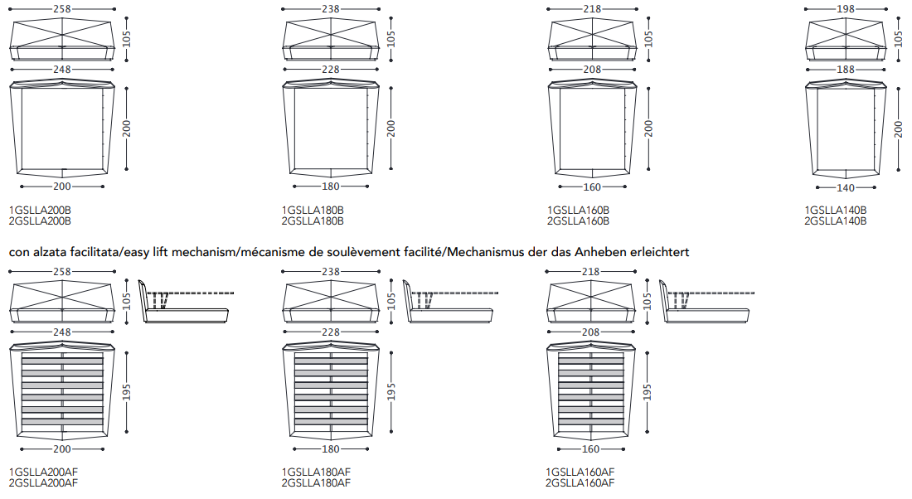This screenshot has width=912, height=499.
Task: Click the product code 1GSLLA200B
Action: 40,210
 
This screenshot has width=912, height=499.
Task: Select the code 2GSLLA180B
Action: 313,221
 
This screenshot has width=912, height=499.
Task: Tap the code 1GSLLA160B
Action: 578,210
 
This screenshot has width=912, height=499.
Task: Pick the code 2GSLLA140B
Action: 835,221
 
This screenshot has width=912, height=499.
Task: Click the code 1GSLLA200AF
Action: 44,472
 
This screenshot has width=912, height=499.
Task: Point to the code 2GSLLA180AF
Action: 316,482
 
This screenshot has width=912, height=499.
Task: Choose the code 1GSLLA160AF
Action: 580,472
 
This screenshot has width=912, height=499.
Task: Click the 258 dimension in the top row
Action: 61,9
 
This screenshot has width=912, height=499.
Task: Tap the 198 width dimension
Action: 846,9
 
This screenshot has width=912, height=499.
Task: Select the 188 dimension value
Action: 846,69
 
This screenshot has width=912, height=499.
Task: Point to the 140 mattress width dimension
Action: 846,188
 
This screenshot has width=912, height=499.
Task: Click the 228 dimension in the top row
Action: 330,69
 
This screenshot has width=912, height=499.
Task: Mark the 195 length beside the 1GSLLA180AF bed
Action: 391,391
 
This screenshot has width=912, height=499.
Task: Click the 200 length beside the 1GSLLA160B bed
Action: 649,128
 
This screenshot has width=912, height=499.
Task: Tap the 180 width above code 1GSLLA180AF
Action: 330,449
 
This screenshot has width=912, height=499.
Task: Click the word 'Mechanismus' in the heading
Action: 492,252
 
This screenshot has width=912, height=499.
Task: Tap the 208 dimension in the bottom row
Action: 590,332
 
